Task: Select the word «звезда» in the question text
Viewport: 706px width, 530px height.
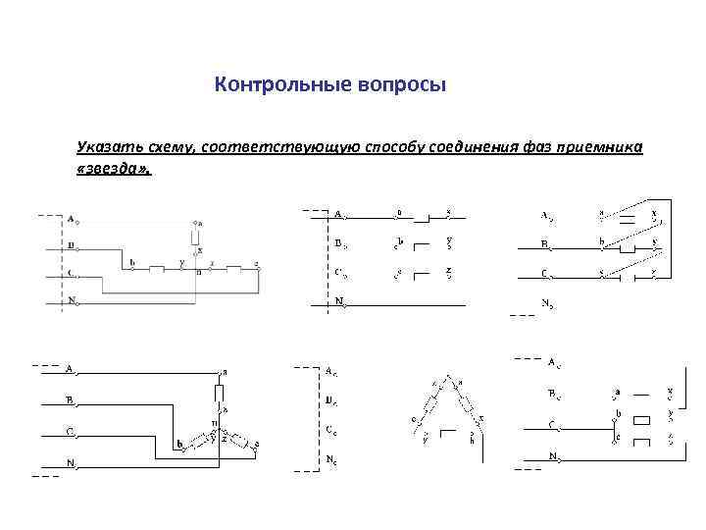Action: (x=114, y=168)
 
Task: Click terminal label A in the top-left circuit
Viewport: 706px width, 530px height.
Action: (x=71, y=216)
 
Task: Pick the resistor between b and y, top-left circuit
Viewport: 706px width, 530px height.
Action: (x=157, y=267)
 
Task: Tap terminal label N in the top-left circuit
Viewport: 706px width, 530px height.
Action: (x=71, y=299)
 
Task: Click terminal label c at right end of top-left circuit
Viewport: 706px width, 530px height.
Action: (x=257, y=263)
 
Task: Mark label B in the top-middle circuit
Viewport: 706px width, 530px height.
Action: (x=337, y=241)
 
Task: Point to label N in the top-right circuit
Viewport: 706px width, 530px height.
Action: (x=547, y=304)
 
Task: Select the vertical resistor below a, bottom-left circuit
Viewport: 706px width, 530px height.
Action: (x=221, y=394)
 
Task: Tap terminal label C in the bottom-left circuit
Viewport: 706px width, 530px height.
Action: (x=70, y=431)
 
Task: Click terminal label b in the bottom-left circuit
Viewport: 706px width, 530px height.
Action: (x=179, y=444)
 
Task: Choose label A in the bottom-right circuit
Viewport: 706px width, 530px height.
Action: (x=552, y=363)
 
